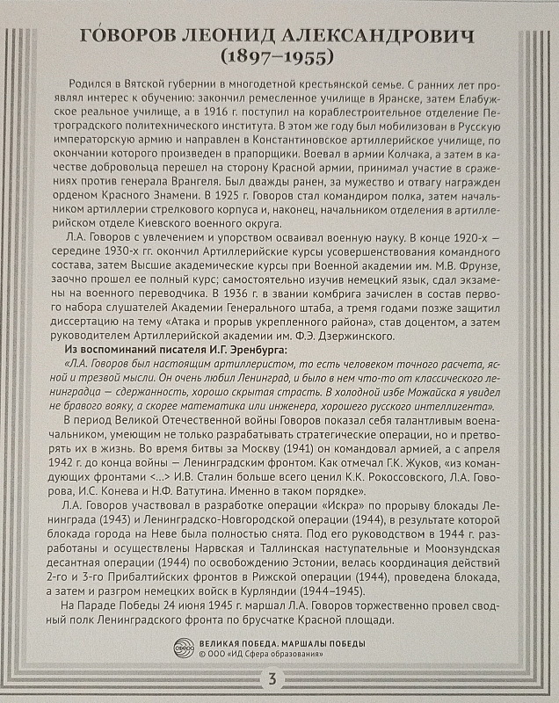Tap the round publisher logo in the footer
pos(182,649)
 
